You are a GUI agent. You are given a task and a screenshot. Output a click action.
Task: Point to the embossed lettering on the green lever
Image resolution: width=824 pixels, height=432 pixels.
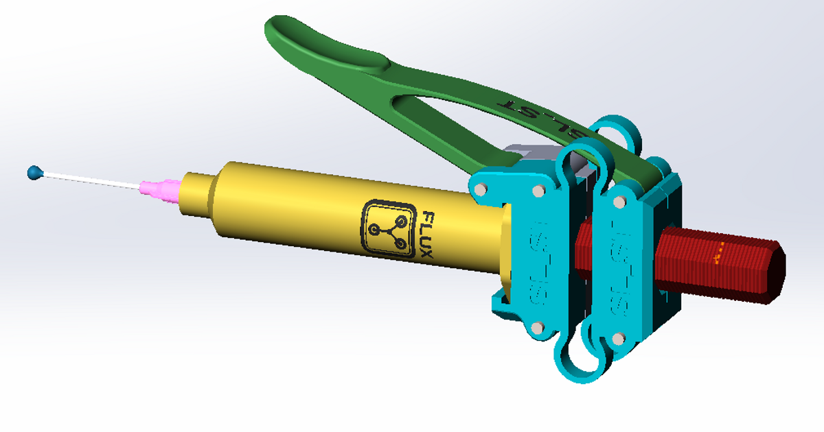coord(542,117)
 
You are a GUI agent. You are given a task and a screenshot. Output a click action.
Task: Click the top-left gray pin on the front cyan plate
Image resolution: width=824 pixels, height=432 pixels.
coord(483,187)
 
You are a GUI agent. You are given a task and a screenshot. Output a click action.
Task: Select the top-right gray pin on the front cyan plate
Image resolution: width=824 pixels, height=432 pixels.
coord(536,192)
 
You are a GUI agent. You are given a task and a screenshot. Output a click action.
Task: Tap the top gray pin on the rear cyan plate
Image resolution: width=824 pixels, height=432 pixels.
coord(619,202)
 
